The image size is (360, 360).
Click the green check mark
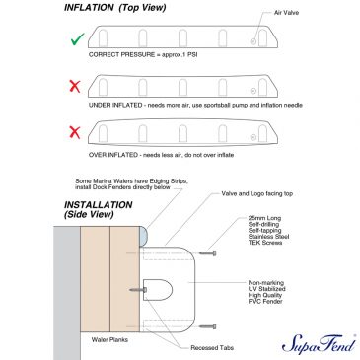coord(78,39)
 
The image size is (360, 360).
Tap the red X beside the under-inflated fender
coord(75,87)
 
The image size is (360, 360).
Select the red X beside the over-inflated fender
coord(75,133)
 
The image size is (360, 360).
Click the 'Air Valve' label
coord(286,13)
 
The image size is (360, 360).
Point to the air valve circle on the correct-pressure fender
coord(253,41)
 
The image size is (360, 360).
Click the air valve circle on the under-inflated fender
coord(253,91)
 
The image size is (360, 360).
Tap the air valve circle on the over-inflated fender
coord(253,137)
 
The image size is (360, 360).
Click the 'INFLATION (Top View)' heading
coord(115,8)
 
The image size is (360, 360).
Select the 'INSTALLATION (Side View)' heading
coord(98,210)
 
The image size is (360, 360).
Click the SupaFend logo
coord(319,344)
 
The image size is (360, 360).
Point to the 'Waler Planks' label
coord(109,340)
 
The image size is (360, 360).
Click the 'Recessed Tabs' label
coord(212,348)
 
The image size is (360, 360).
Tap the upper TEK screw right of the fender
coord(208,253)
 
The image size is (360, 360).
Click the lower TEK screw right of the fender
coord(208,326)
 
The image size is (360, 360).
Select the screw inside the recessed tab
coord(138,290)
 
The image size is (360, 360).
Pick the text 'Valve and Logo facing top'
coord(257,193)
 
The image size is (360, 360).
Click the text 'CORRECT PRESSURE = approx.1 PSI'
coord(143,54)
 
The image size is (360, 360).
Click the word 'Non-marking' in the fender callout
coord(266,283)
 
